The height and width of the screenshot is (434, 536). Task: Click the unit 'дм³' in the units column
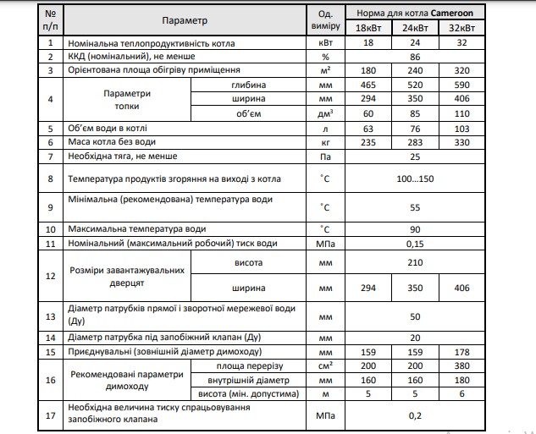click(323, 113)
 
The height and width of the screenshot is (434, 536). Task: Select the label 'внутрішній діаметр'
click(244, 380)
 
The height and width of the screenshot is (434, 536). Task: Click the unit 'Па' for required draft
click(323, 157)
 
